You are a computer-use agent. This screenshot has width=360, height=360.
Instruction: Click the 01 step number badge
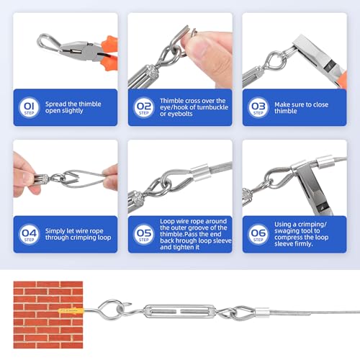click(29, 107)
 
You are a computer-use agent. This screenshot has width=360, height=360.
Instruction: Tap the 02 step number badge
click(144, 107)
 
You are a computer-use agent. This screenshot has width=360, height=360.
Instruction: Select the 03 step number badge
click(258, 107)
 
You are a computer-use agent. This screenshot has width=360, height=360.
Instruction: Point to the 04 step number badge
click(29, 234)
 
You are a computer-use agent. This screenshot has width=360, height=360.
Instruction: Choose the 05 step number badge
click(144, 234)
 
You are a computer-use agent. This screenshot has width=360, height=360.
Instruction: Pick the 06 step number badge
click(258, 234)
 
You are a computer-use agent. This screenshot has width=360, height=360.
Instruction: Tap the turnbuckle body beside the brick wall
click(179, 311)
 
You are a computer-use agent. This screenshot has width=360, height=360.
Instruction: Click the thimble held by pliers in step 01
click(50, 43)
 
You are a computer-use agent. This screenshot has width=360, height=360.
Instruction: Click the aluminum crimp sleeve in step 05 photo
click(200, 172)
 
